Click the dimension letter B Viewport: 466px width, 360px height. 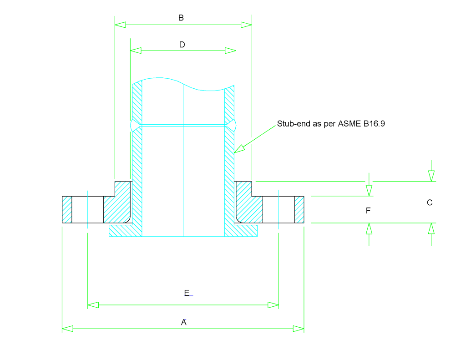tap(181, 18)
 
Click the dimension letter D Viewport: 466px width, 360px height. tap(182, 45)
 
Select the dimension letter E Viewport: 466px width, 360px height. tap(187, 293)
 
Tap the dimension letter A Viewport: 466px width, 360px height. tap(184, 322)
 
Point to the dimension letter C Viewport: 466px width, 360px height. tap(429, 203)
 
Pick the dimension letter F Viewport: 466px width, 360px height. tap(368, 211)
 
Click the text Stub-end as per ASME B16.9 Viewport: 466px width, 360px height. tap(331, 124)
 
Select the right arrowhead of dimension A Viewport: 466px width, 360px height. tap(299, 329)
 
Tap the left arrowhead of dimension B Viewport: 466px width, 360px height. tap(120, 25)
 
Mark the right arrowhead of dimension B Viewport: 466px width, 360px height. tap(246, 25)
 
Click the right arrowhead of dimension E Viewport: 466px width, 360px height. tap(274, 304)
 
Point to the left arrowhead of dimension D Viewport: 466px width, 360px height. tap(136, 51)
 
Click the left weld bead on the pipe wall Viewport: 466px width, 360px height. tap(132, 125)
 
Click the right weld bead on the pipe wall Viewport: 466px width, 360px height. tap(234, 125)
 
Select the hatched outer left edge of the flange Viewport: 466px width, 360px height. tap(67, 209)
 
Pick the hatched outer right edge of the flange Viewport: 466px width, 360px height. tap(299, 209)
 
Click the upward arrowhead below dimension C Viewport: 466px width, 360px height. tap(431, 228)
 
